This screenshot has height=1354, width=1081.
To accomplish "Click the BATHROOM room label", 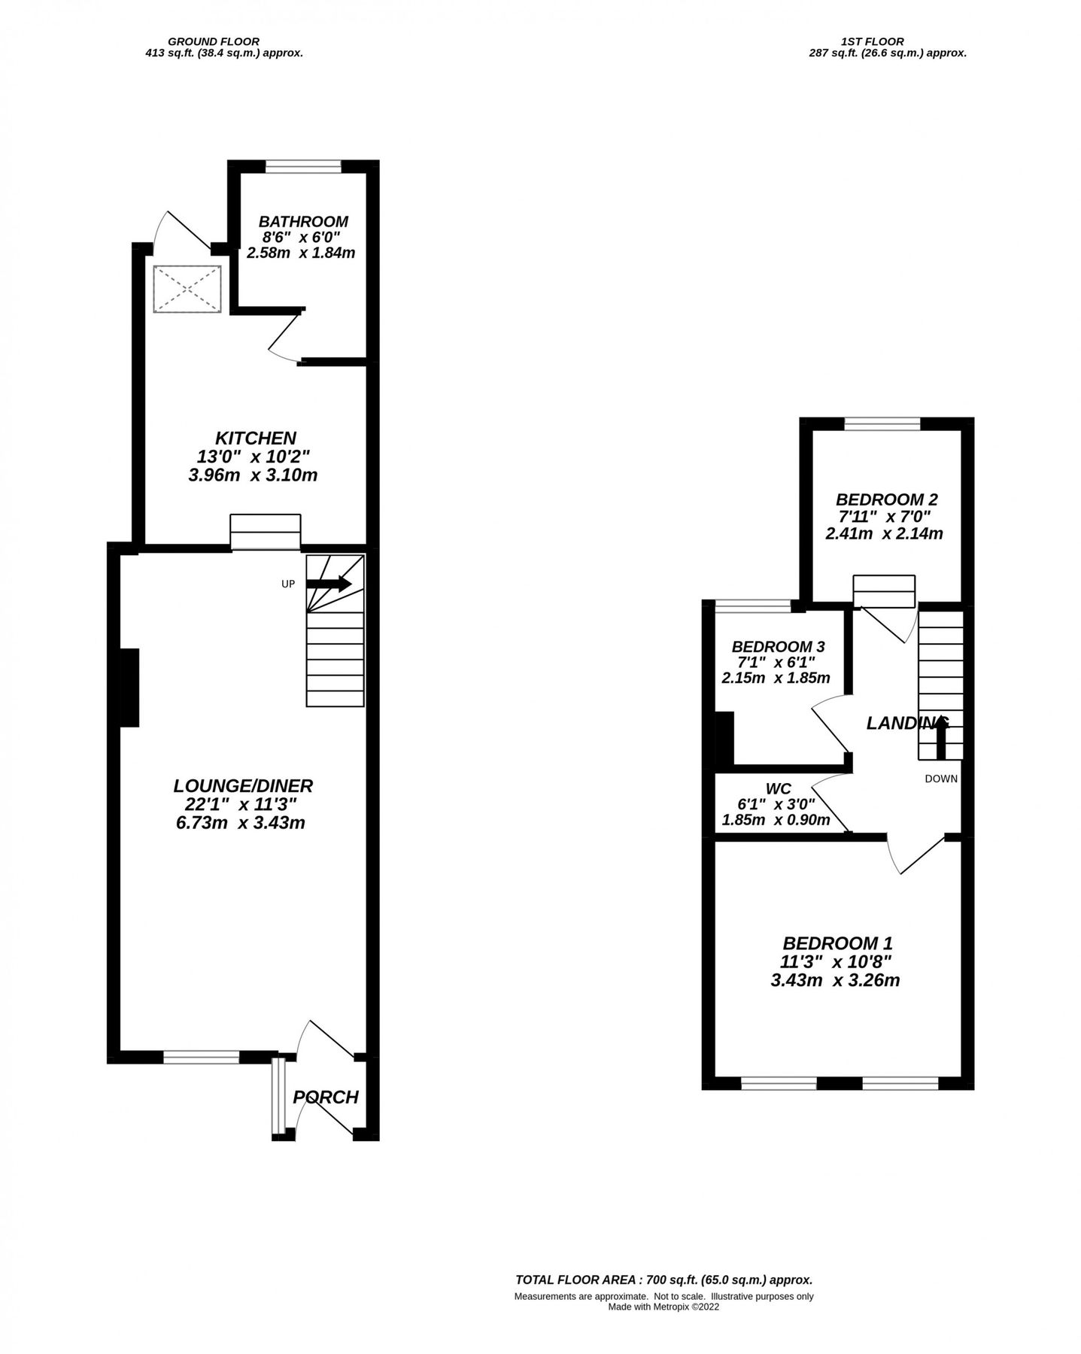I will pyautogui.click(x=302, y=221).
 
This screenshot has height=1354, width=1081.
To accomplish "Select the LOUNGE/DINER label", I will pyautogui.click(x=242, y=786).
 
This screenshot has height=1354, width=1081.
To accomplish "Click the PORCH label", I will pyautogui.click(x=325, y=1097).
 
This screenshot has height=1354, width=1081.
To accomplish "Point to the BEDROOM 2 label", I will pyautogui.click(x=886, y=499).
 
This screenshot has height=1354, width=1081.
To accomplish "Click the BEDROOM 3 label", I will pyautogui.click(x=777, y=646).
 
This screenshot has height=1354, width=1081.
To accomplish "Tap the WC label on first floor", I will pyautogui.click(x=777, y=788).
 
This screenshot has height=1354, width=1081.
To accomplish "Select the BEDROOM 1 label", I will pyautogui.click(x=837, y=943).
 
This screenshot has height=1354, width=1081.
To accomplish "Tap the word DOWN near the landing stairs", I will pyautogui.click(x=940, y=779).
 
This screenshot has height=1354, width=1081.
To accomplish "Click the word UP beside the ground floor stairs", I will pyautogui.click(x=287, y=584).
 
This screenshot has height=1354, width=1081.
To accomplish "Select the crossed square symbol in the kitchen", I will pyautogui.click(x=187, y=289).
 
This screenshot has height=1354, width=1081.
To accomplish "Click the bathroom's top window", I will pyautogui.click(x=303, y=167).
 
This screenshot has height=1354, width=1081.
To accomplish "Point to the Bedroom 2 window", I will pyautogui.click(x=882, y=424).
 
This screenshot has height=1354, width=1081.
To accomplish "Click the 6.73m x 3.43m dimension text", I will pyautogui.click(x=240, y=823).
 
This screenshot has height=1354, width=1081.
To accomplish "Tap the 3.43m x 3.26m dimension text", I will pyautogui.click(x=835, y=980).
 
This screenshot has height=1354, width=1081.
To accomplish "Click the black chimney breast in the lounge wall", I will pyautogui.click(x=129, y=687).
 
